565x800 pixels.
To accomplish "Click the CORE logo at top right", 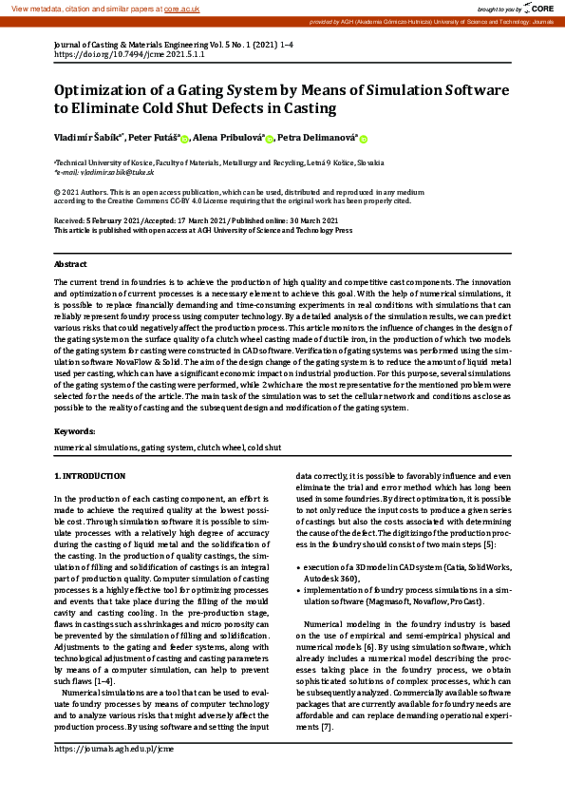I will coord(542,8).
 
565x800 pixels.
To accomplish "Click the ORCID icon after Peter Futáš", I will coord(183,140).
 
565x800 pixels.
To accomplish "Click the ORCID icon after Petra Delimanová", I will coord(363,140).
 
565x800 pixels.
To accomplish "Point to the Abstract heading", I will coord(70,263).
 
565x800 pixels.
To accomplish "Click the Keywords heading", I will coord(74,430).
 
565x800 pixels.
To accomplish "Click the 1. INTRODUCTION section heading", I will coord(89,475).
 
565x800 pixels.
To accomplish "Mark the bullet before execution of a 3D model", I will coord(299,566).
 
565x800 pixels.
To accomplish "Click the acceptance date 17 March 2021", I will coord(187,220).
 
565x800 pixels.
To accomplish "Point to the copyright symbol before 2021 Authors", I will coord(57,191).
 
